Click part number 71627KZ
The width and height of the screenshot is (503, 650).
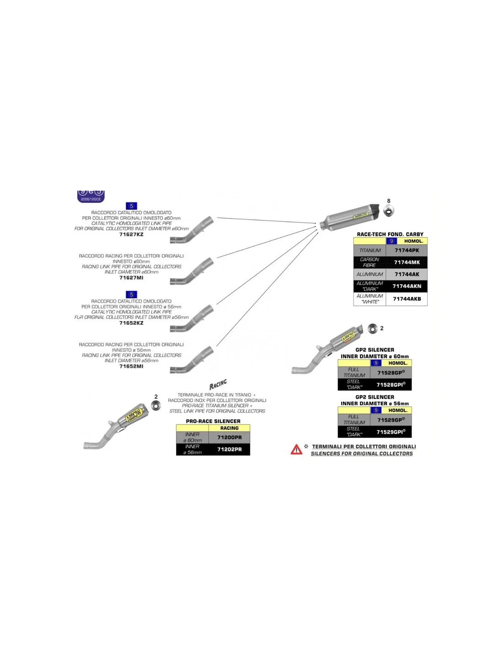131,234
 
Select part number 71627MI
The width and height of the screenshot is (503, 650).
131,278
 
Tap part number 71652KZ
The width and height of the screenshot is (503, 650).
131,323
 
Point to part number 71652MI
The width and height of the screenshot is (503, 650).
131,367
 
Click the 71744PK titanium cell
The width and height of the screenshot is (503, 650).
407,250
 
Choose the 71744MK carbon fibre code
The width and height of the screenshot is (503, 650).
407,262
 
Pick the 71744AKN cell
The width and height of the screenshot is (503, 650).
407,286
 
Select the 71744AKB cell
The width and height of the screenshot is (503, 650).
407,299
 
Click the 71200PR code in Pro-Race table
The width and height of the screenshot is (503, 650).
229,437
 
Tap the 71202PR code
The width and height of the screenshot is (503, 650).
229,449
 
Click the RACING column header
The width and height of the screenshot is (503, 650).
229,428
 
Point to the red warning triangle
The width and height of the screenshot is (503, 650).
296,450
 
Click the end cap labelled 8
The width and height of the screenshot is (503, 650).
389,211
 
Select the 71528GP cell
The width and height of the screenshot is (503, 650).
391,373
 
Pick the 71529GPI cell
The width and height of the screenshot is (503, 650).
391,432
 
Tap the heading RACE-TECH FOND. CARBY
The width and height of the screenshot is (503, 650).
390,234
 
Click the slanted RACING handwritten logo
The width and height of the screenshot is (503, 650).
218,384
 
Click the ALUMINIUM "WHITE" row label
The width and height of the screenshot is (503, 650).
370,299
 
